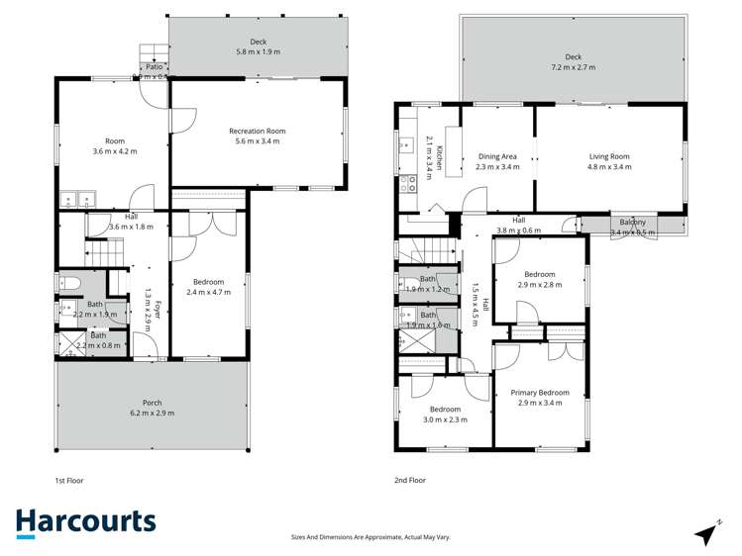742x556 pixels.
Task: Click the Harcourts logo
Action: [x=85, y=523]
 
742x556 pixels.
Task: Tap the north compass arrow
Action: [x=707, y=532]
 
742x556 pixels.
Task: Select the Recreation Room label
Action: [x=257, y=132]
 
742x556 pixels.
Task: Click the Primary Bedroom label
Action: [x=539, y=393]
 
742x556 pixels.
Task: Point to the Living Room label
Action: [x=609, y=156]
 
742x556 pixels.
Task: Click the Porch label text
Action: [x=153, y=403]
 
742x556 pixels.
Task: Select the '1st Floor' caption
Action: [x=69, y=480]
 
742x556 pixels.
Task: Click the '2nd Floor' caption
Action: [x=410, y=480]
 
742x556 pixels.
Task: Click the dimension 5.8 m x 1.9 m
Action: [x=259, y=51]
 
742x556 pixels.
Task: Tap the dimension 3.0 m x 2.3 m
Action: [x=445, y=419]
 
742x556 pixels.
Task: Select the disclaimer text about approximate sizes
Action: [x=371, y=536]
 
